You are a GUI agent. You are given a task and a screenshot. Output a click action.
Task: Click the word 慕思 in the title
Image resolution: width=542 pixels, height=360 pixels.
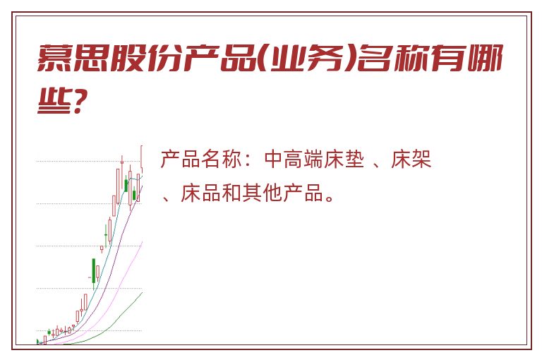tap(72, 58)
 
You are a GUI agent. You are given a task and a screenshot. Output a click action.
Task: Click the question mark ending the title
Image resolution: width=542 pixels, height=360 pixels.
tap(78, 100)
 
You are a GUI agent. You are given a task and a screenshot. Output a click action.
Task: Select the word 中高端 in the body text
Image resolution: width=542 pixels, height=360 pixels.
tap(294, 159)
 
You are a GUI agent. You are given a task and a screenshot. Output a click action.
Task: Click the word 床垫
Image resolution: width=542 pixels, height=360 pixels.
tap(344, 159)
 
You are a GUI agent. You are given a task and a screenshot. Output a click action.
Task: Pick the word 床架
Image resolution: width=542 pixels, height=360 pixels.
tap(411, 159)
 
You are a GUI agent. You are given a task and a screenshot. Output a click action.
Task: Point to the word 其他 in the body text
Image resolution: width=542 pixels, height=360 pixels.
tap(262, 193)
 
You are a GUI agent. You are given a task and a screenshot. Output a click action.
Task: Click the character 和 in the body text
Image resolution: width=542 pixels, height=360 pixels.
tap(231, 193)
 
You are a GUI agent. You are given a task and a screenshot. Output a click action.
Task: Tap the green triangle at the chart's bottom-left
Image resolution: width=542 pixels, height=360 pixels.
tap(38, 342)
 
